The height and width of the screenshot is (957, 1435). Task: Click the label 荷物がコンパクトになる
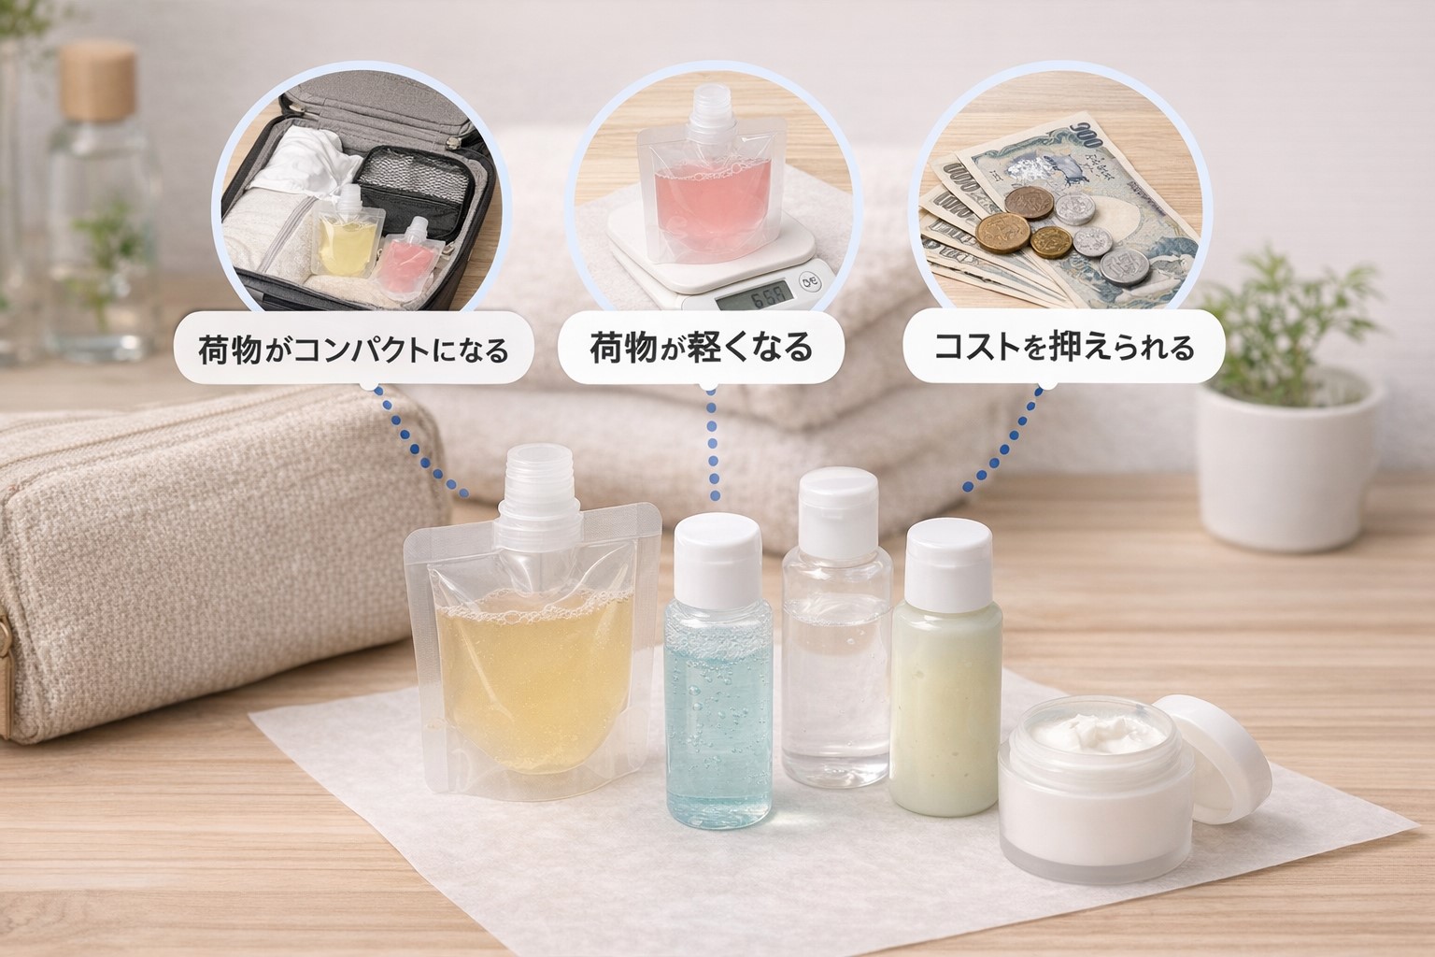tap(352, 350)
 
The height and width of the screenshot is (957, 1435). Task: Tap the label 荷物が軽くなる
tap(701, 349)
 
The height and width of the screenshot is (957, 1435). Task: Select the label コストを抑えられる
tap(1064, 349)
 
